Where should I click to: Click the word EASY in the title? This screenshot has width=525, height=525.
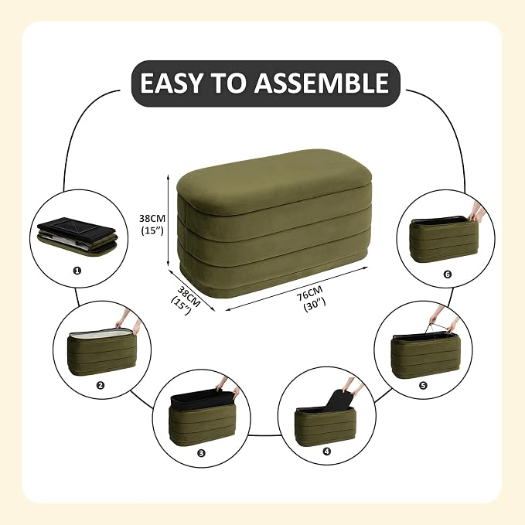[x=171, y=83]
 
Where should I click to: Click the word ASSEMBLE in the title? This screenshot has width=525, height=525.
[x=322, y=83]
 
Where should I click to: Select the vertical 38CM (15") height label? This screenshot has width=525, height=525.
[x=152, y=224]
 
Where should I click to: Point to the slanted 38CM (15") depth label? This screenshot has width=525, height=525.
[x=186, y=300]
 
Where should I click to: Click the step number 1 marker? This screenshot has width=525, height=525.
[x=77, y=270]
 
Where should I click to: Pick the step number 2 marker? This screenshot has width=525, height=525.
[x=100, y=385]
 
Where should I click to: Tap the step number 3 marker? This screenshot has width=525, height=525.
[x=201, y=453]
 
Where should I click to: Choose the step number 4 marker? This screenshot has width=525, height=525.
[x=327, y=452]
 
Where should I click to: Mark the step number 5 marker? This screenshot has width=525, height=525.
[x=423, y=386]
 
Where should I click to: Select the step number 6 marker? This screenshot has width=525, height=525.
[x=448, y=274]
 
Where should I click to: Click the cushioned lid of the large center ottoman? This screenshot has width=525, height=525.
[x=274, y=181]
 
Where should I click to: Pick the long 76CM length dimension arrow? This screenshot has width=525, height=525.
[x=297, y=288]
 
